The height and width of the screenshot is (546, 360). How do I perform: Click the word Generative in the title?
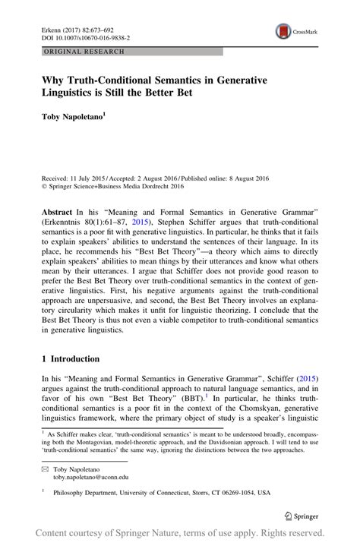(x=260, y=78)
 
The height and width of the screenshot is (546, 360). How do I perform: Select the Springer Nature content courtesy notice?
(x=180, y=535)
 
